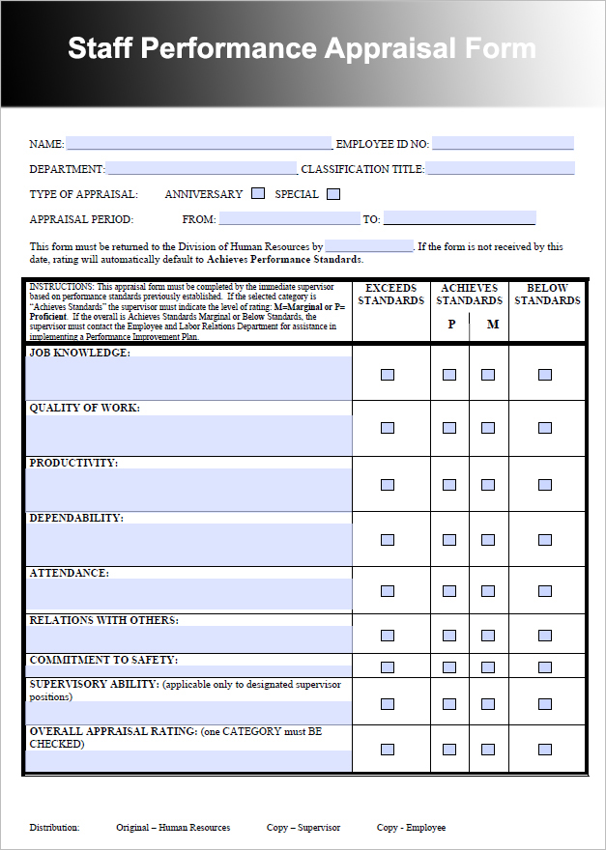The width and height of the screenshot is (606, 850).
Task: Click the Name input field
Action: pos(198,144)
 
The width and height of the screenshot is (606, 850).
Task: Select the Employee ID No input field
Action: pos(503,144)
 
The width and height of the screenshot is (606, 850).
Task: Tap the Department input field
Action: pos(201,169)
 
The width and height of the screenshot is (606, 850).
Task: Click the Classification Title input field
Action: pos(500,169)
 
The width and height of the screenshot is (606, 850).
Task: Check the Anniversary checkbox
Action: pos(258,194)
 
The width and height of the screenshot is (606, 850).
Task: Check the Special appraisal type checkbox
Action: pos(333,194)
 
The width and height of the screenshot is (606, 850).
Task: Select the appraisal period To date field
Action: pos(459,218)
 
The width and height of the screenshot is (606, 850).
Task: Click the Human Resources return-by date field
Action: pos(369,246)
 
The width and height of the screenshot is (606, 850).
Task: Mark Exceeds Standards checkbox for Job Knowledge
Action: pos(388,375)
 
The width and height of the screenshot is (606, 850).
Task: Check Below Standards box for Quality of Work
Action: pos(545,428)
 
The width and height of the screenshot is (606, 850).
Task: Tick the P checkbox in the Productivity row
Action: pos(449,483)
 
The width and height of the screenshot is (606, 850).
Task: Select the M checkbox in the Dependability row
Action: pos(488,538)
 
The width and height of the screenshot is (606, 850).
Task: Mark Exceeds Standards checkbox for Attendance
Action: pos(388,591)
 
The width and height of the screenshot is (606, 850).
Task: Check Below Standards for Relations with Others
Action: pos(545,636)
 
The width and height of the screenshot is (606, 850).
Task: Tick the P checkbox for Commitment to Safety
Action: pos(449,667)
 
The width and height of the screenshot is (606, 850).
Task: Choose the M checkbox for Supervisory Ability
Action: pos(488,703)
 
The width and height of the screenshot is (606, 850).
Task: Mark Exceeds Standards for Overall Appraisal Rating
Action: pos(388,750)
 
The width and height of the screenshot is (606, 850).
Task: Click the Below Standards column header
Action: pos(547,295)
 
